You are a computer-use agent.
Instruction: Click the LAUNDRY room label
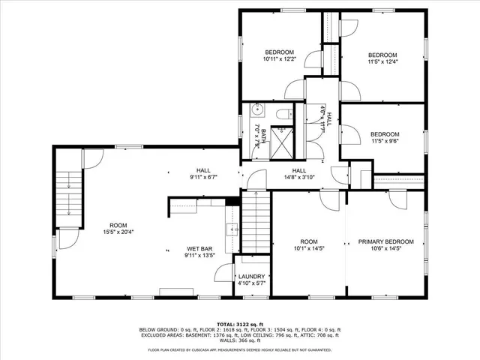[251, 276]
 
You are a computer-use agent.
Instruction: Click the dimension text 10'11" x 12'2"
[278, 58]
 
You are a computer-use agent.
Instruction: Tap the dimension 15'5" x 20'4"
[118, 232]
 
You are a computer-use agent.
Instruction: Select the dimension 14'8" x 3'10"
[298, 178]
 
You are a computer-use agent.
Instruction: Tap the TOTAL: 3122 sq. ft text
[241, 323]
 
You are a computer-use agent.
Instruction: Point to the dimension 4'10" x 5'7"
[251, 283]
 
